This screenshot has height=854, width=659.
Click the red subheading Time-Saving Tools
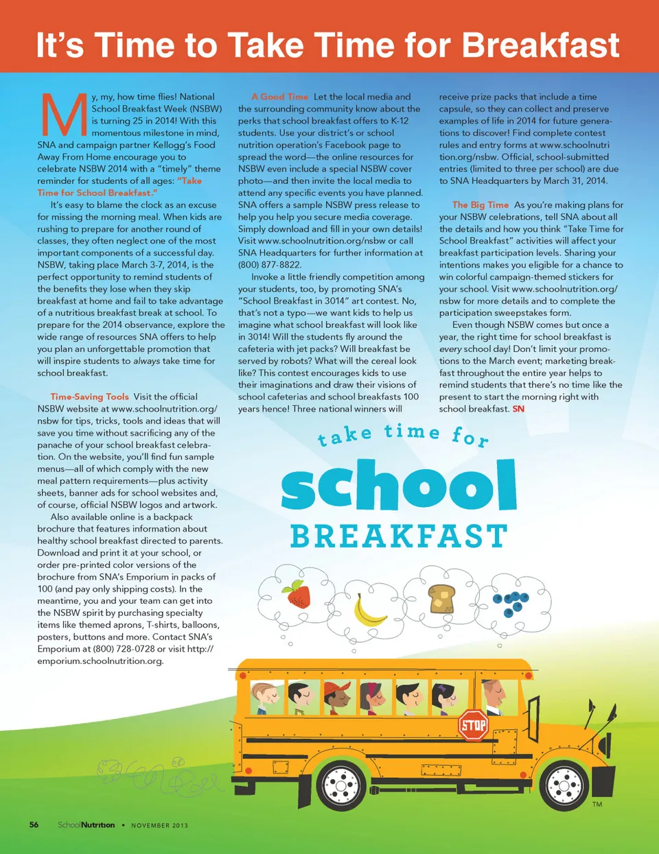[x=89, y=396]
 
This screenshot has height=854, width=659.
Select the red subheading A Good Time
[x=279, y=97]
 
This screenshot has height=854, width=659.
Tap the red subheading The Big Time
[x=481, y=204]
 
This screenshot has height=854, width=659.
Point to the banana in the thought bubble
[x=369, y=610]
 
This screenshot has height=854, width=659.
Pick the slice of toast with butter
[x=441, y=598]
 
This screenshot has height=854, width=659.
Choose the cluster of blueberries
[x=513, y=602]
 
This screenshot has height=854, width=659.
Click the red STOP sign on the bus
[x=473, y=724]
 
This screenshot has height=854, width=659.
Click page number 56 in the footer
[x=34, y=825]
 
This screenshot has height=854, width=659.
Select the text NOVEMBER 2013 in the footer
[x=159, y=825]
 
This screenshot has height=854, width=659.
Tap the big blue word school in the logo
[x=398, y=485]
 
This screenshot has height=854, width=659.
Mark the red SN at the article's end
[x=518, y=409]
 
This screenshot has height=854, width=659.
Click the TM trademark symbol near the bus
[x=597, y=804]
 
